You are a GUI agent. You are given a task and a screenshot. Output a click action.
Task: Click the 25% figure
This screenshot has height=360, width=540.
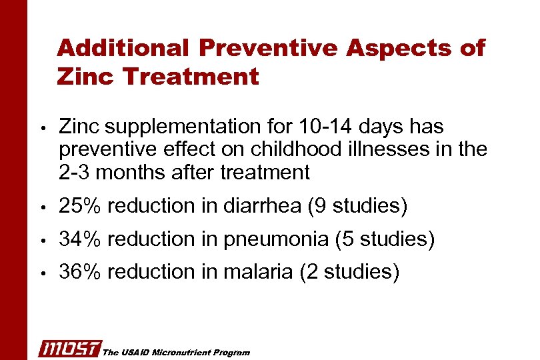click(79, 206)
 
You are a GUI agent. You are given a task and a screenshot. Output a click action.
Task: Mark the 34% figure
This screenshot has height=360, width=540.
click(79, 239)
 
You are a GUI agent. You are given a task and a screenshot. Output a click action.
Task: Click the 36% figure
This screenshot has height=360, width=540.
click(79, 271)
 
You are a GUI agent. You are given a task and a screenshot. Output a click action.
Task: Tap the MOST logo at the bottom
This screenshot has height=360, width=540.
click(70, 348)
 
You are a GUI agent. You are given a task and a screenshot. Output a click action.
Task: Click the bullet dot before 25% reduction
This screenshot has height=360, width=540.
click(42, 207)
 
